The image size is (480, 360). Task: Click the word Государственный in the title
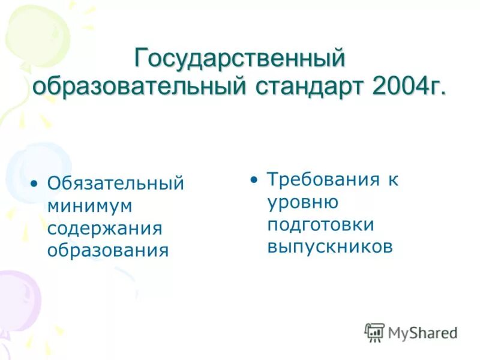click(x=240, y=59)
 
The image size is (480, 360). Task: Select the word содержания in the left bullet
click(x=105, y=227)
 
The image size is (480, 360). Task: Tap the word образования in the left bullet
click(x=107, y=250)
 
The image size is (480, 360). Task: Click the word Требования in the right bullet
click(x=324, y=179)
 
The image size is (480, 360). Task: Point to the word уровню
click(x=303, y=202)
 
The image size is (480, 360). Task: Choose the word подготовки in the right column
click(x=321, y=224)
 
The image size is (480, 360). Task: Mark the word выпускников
click(x=330, y=247)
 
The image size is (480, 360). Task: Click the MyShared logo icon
click(x=374, y=332)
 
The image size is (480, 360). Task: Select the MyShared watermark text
click(x=422, y=332)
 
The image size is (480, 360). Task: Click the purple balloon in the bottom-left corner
click(x=18, y=300)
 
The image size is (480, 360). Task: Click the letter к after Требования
click(x=392, y=179)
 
